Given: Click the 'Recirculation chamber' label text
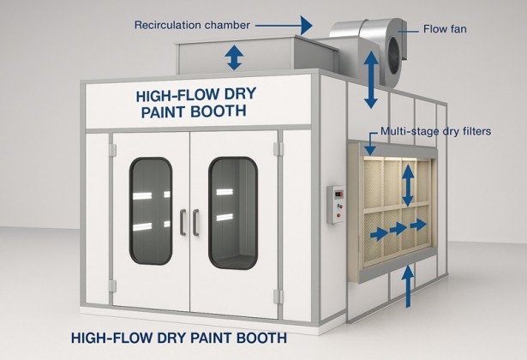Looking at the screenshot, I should point(191,25).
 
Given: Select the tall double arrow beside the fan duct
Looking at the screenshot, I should point(371,81).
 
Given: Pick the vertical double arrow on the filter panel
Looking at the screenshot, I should point(408,183).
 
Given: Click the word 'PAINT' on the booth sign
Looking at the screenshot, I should point(167,111).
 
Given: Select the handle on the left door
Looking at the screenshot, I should point(182,221).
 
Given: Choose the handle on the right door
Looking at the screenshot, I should point(197,221).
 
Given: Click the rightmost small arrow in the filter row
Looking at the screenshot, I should point(418,225).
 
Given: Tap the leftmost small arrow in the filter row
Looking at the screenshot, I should point(374,231).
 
